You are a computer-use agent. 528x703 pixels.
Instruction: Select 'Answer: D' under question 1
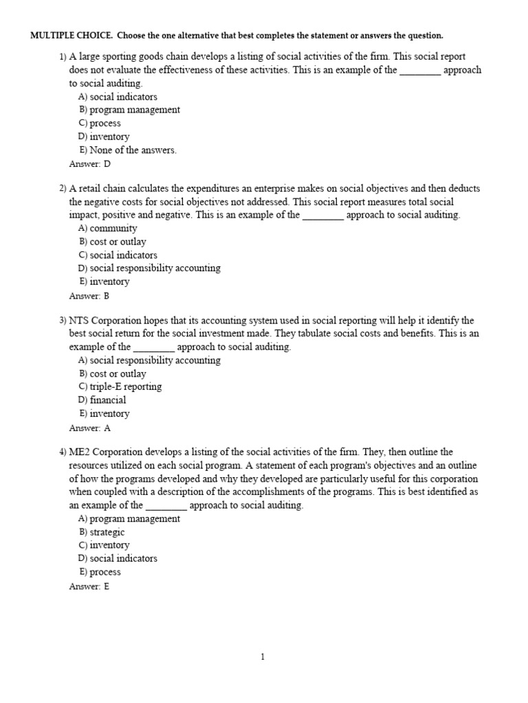[x=89, y=164]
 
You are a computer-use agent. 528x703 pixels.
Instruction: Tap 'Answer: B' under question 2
[x=89, y=296]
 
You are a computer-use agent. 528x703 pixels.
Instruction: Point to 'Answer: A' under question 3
[x=89, y=428]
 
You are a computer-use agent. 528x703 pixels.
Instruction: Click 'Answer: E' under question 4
[x=89, y=586]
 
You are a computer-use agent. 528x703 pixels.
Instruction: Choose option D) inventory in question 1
[x=104, y=137]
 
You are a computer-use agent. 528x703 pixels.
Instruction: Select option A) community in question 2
[x=108, y=228]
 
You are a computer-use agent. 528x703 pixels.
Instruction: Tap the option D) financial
[x=102, y=400]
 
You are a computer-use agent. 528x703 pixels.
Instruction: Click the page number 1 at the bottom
[x=263, y=657]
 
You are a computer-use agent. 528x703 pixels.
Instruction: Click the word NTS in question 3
[x=80, y=321]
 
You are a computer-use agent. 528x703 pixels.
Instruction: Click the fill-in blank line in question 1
[x=419, y=71]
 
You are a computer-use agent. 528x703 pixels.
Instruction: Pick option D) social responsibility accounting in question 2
[x=149, y=268]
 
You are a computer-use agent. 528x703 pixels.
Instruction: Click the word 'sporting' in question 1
[x=124, y=57]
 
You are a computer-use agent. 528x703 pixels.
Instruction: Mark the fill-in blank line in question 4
[x=166, y=507]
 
